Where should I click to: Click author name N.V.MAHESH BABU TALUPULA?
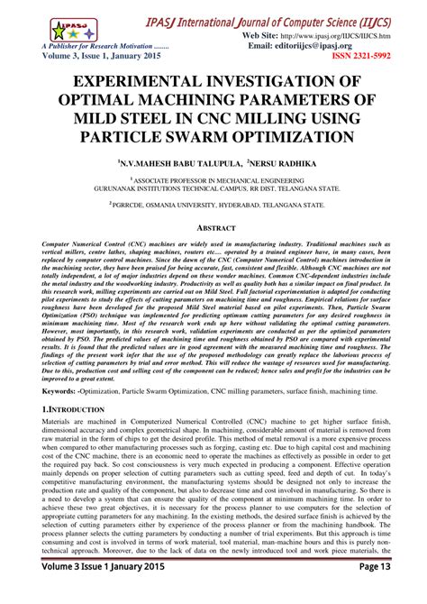coord(169,166)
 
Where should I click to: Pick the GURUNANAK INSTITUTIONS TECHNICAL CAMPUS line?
coord(213,190)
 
